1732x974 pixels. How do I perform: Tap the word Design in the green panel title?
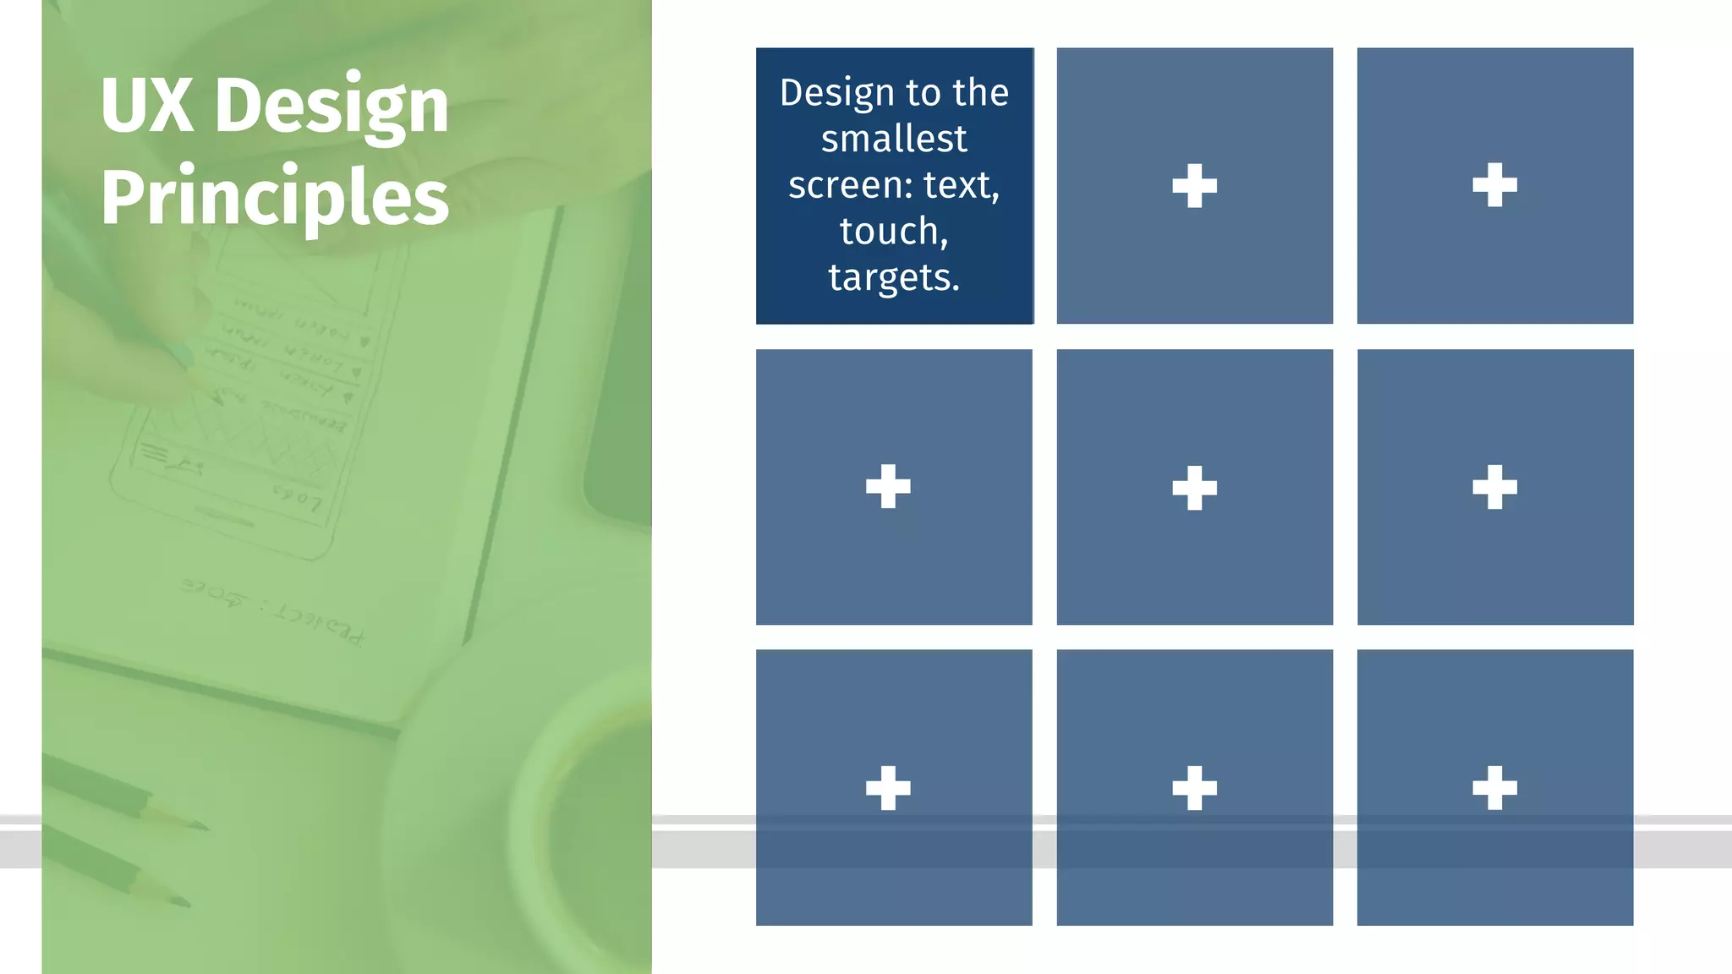coord(332,107)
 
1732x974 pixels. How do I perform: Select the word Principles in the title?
coord(274,197)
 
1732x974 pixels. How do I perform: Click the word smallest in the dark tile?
coord(894,139)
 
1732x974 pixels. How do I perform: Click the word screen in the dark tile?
coord(847,185)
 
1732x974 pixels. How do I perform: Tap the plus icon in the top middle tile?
coord(1194,186)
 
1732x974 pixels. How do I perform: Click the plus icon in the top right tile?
coord(1494,185)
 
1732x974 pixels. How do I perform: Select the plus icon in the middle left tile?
coord(888,486)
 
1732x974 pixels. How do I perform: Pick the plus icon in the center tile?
coord(1194,488)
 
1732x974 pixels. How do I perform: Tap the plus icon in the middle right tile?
coord(1494,487)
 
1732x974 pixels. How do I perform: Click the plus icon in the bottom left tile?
coord(888,788)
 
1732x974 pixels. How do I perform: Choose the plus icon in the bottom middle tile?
coord(1194,788)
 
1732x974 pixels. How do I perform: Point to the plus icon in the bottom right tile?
coord(1494,788)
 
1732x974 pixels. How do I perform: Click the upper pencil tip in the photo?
coord(200,824)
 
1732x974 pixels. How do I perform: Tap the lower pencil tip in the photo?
coord(181,900)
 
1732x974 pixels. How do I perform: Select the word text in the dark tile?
coord(960,185)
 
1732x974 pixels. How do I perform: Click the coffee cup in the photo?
coord(541,829)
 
